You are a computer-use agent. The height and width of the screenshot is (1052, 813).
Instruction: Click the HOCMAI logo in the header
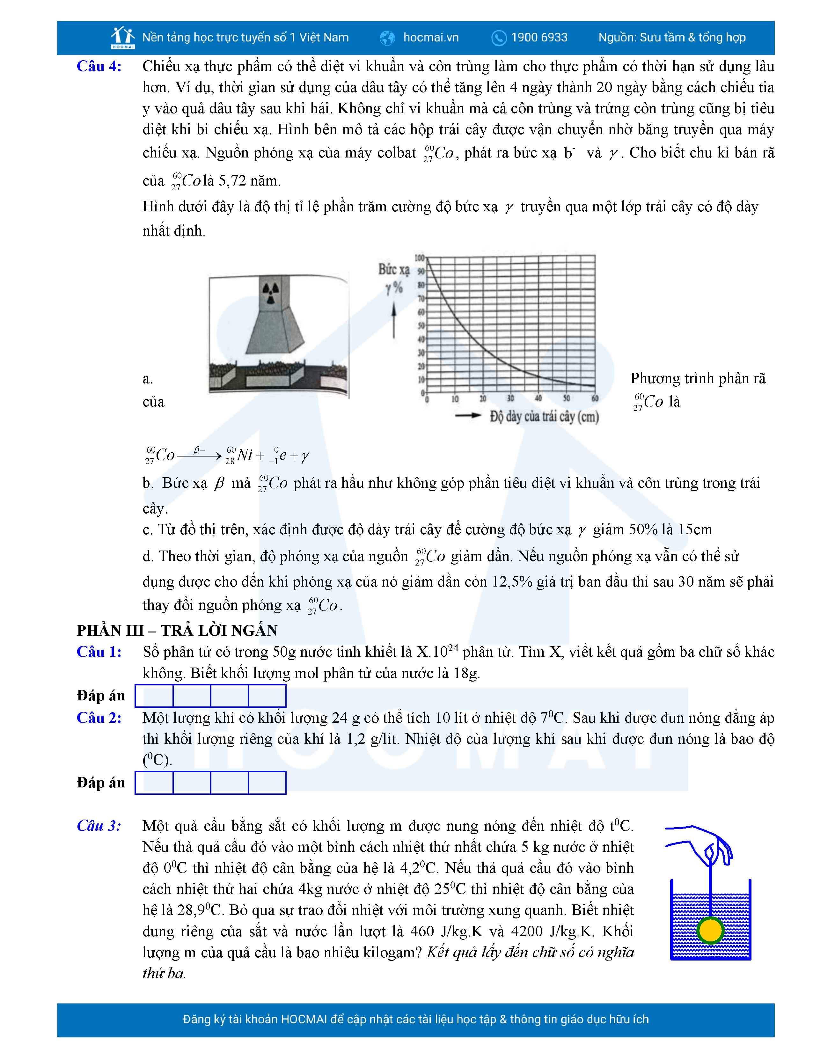pyautogui.click(x=122, y=38)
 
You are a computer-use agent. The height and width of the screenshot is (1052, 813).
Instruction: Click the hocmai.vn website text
pyautogui.click(x=431, y=38)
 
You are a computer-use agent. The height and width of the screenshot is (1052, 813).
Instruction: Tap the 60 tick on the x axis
pyautogui.click(x=595, y=398)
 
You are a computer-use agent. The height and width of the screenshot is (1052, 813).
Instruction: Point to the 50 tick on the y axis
pyautogui.click(x=421, y=325)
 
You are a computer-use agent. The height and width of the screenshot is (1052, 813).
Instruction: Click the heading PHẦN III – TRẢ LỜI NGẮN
pyautogui.click(x=177, y=631)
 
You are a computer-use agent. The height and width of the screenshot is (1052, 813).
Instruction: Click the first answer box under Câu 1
pyautogui.click(x=154, y=696)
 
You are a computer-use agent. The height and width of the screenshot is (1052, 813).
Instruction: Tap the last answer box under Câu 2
pyautogui.click(x=267, y=782)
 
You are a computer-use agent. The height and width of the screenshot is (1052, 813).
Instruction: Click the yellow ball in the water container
pyautogui.click(x=710, y=930)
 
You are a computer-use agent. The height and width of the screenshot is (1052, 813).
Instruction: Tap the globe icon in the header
pyautogui.click(x=387, y=38)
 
